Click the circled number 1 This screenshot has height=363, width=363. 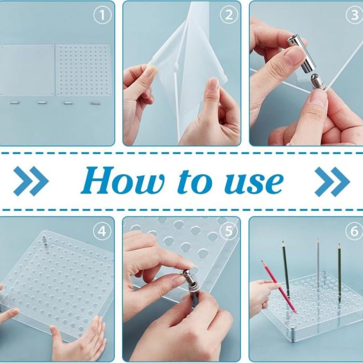click(x=102, y=15)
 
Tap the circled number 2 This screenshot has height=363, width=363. click(x=229, y=15)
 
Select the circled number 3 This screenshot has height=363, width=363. click(x=354, y=15)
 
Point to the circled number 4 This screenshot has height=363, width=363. click(x=102, y=231)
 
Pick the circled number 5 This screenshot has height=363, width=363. click(x=229, y=231)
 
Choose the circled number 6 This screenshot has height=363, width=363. click(x=354, y=231)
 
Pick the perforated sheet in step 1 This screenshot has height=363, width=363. click(x=83, y=70)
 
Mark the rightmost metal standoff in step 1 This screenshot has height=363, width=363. click(x=95, y=103)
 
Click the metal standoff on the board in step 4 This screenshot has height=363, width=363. click(x=45, y=240)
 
